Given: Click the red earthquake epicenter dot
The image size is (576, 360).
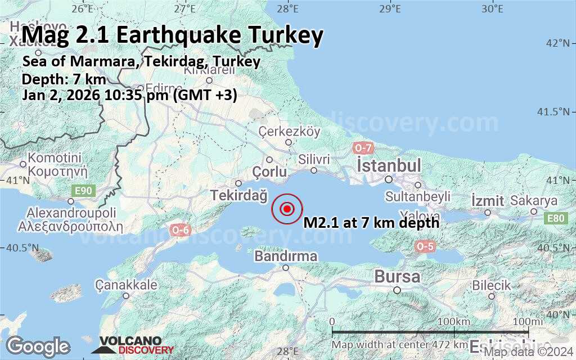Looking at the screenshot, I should pos(287,209).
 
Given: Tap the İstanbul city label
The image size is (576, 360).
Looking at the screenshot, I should pos(389,166).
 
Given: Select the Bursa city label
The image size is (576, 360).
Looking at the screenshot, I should pos(397,277).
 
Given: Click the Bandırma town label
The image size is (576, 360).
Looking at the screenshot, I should pos(286,256).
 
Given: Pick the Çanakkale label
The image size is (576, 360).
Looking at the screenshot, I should pos(126,285).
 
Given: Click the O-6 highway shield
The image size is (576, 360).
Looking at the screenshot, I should pos(180,229).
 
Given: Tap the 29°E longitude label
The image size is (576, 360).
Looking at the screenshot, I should pos(389,8).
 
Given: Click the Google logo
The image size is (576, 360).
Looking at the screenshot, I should pos(38,345).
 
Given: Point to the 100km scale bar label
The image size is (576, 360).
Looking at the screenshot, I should pos(453,321).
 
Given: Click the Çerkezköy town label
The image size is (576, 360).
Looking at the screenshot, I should pos(289,132).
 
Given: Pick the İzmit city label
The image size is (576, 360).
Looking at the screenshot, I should pos(487,201).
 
